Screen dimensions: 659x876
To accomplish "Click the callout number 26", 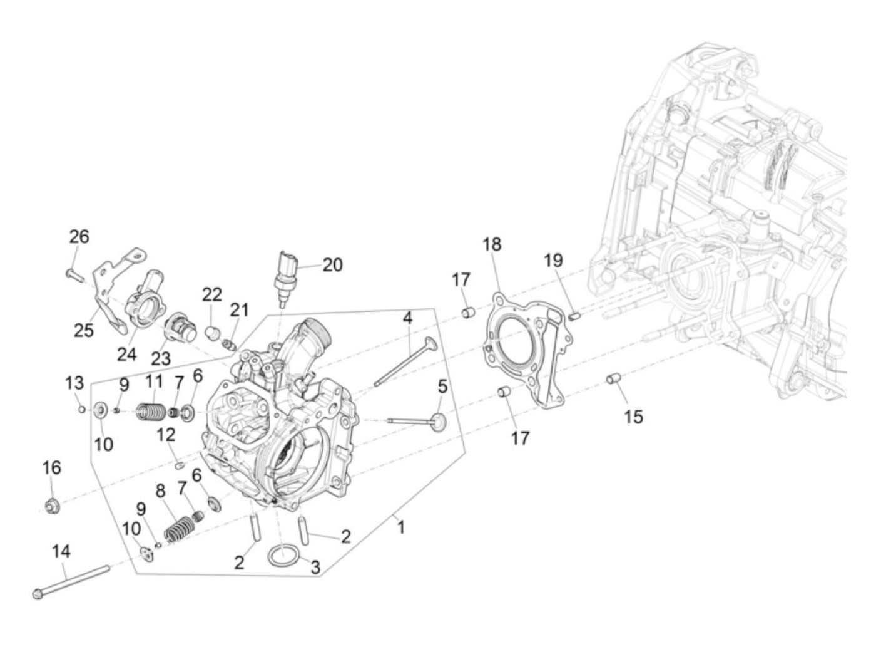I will click(79, 237).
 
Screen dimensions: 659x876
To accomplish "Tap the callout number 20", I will click(332, 265).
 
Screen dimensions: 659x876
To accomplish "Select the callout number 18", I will click(492, 245).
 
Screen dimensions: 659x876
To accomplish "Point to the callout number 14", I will click(61, 552).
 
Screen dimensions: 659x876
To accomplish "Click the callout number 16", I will click(52, 467).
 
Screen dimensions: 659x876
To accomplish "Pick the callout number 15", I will click(633, 417).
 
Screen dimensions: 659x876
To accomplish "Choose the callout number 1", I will click(400, 527).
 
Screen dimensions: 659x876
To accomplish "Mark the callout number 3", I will click(315, 568).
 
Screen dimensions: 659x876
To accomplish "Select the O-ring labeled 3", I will click(283, 554).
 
